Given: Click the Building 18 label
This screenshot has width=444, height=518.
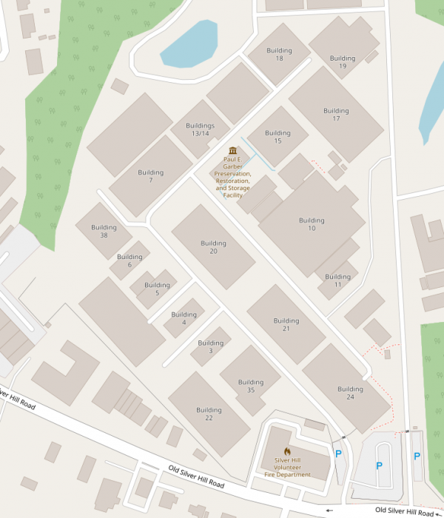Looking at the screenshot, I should click(x=279, y=54).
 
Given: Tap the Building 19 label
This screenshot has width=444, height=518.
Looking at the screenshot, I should click(x=343, y=62).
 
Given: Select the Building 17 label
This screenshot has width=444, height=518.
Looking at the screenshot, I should click(x=336, y=115).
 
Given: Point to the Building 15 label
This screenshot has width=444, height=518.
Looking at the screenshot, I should click(x=277, y=137).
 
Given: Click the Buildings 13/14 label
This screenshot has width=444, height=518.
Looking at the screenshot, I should click(x=200, y=129).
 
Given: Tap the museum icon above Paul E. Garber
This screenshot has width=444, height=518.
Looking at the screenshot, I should click(x=232, y=150).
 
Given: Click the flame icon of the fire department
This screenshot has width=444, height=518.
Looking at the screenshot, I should click(x=287, y=451).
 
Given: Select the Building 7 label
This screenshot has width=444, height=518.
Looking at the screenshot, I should click(x=150, y=176).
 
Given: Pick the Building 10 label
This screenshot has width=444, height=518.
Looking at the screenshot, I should click(x=312, y=224).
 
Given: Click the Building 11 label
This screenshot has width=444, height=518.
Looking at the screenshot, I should click(x=337, y=280).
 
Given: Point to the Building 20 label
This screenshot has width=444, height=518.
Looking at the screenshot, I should click(x=213, y=247).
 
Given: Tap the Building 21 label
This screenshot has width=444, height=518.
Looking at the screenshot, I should click(x=286, y=325).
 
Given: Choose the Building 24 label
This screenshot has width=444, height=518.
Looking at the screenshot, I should click(x=350, y=393).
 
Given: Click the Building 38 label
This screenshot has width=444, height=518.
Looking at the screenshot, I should click(x=104, y=232).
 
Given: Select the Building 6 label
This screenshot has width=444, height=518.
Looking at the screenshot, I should click(x=129, y=260).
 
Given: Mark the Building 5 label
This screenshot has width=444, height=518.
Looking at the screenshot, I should click(x=157, y=289).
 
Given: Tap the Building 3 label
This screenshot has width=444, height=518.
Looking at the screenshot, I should click(x=210, y=346).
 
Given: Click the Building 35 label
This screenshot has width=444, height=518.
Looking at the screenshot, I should click(x=251, y=386).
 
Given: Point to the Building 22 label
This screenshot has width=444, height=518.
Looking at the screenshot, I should click(x=209, y=414).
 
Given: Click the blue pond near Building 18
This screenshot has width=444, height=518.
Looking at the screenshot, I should click(x=189, y=44).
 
